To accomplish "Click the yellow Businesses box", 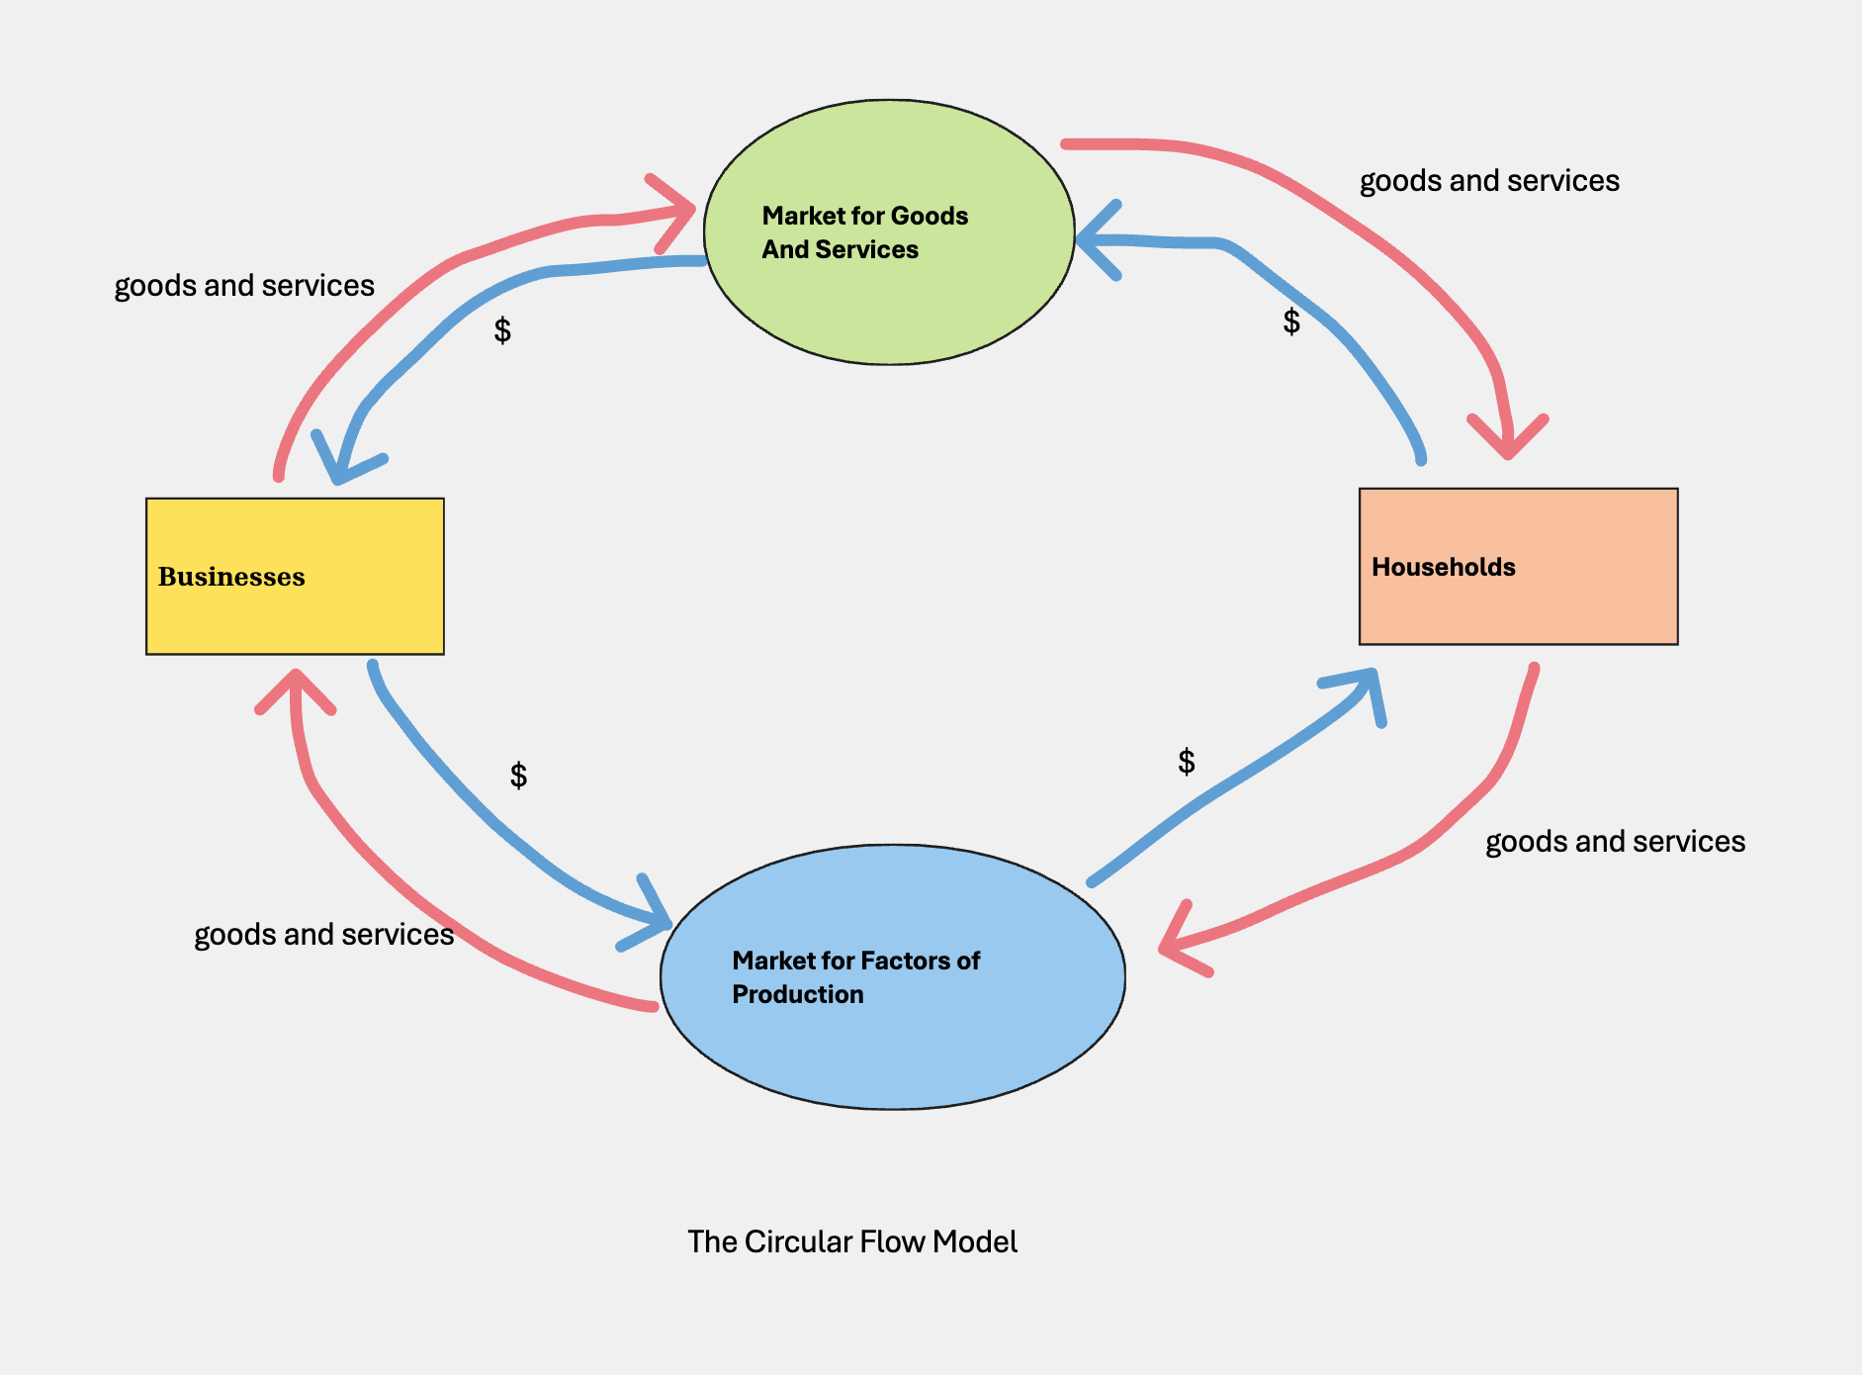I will (295, 576).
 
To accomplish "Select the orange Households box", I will (1518, 566).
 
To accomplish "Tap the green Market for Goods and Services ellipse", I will (889, 232).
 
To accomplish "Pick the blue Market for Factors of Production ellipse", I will (892, 976).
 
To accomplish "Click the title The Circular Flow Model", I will (851, 1241).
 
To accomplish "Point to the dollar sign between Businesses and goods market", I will (502, 330).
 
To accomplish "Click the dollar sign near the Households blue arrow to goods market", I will (1291, 321).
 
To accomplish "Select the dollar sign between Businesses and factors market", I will (518, 776).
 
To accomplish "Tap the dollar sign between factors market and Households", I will (1187, 762).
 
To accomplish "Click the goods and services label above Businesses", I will (244, 286).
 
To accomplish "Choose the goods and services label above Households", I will (1489, 181).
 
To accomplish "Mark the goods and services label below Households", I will (1615, 842).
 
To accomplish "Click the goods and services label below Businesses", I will (323, 935).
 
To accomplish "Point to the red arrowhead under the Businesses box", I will (296, 687).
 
